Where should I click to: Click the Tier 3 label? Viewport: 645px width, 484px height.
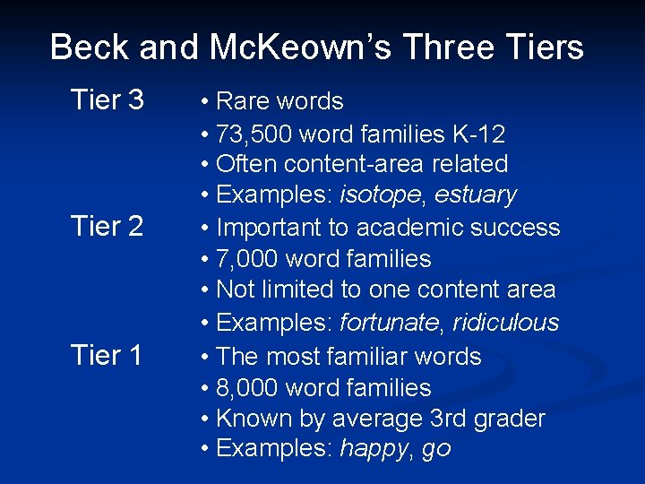[107, 99]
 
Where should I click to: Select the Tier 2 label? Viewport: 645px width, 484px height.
[107, 227]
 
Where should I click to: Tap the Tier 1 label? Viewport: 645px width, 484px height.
[107, 356]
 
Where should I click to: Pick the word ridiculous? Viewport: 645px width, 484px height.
[505, 323]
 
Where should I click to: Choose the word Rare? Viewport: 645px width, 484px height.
[244, 100]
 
